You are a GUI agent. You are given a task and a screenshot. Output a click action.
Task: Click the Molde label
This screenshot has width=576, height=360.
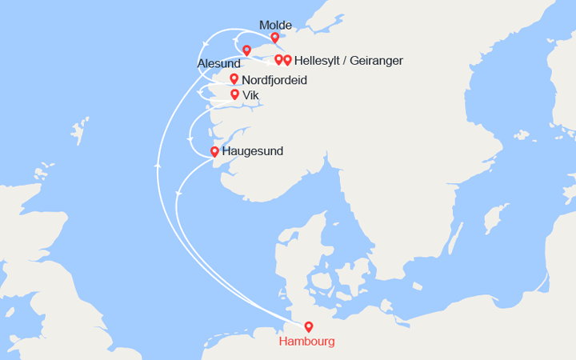pos(276,25)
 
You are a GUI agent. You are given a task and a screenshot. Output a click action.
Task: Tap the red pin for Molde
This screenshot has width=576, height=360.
pos(275,38)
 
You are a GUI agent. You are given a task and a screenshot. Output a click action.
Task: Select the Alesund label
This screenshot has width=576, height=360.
pos(218,63)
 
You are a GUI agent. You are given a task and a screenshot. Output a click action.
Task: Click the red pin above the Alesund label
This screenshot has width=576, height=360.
pos(246,50)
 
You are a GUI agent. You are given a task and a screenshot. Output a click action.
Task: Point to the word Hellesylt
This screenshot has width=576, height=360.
pos(321,61)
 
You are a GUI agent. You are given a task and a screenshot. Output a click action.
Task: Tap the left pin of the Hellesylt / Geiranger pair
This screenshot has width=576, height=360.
pos(278,59)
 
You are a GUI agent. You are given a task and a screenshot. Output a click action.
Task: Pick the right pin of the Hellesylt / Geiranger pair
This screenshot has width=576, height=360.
pos(287,59)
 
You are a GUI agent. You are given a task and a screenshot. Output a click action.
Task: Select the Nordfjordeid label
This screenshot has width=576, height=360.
pos(274,80)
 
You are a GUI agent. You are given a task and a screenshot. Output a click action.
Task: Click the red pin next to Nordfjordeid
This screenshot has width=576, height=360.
pos(234,78)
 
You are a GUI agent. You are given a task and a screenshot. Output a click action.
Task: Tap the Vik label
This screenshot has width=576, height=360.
pos(250,94)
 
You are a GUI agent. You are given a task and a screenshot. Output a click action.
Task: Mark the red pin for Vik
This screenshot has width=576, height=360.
pos(234,94)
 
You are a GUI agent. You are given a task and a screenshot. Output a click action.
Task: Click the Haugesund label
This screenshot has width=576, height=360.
pos(252,151)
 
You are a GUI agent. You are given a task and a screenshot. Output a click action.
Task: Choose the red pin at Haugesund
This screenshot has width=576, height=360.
pos(214,151)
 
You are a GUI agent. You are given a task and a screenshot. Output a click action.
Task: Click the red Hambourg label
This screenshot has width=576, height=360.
pos(307,342)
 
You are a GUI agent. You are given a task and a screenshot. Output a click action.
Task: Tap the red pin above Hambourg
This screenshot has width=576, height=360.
pos(309,326)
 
